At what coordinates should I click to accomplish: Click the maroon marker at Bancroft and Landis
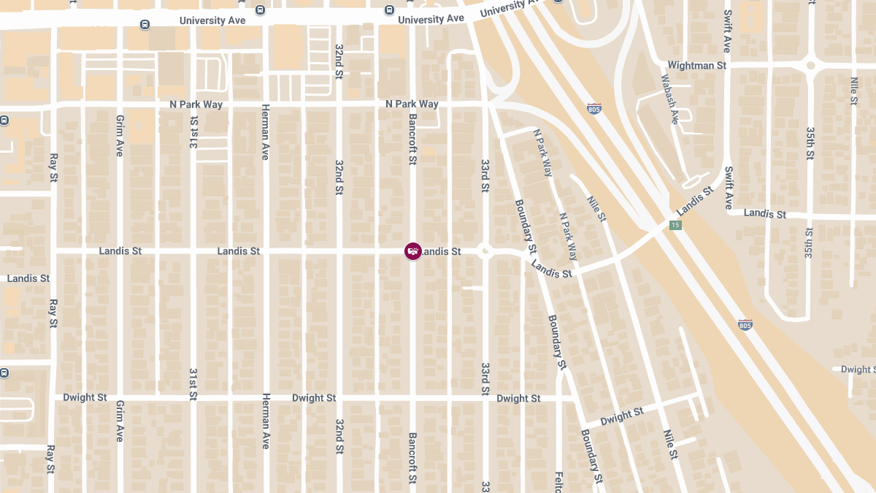coord(413,251)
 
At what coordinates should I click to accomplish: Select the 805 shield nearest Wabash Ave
coord(593,109)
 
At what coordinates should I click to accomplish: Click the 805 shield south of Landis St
coord(745,325)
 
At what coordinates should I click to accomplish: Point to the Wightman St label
coord(697,66)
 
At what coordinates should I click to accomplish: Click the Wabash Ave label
coord(669,99)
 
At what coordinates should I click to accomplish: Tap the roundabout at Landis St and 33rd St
coord(484,251)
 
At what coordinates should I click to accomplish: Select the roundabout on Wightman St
coord(810,66)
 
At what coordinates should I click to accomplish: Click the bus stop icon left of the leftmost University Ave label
coord(145,24)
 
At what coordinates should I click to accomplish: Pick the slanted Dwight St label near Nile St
coord(621,418)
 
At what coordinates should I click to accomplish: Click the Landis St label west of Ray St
coord(28,278)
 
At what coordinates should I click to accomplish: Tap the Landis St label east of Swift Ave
coord(765,214)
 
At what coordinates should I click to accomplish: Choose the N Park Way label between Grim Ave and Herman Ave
coord(196,104)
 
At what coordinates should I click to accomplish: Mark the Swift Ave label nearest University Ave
coord(727,31)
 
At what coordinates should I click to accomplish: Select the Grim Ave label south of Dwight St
coord(120,421)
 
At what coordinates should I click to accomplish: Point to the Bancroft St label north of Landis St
coord(412,139)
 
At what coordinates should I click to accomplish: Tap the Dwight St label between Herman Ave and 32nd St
coord(314,398)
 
